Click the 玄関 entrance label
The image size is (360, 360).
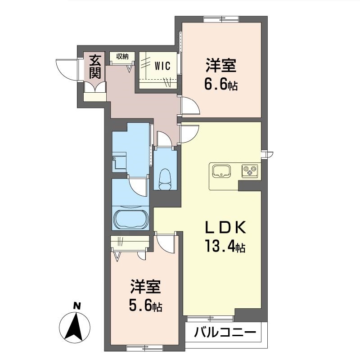pyautogui.click(x=95, y=67)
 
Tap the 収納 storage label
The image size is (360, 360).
pyautogui.click(x=122, y=56)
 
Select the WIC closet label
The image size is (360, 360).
pyautogui.click(x=162, y=66)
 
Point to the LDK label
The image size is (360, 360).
pyautogui.click(x=225, y=227)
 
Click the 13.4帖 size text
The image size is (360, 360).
pyautogui.click(x=225, y=246)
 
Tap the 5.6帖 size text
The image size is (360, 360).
pyautogui.click(x=145, y=306)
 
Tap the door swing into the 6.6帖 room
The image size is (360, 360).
pyautogui.click(x=190, y=106)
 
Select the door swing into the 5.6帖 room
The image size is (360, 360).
pyautogui.click(x=166, y=244)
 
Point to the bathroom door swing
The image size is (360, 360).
pyautogui.click(x=138, y=187)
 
